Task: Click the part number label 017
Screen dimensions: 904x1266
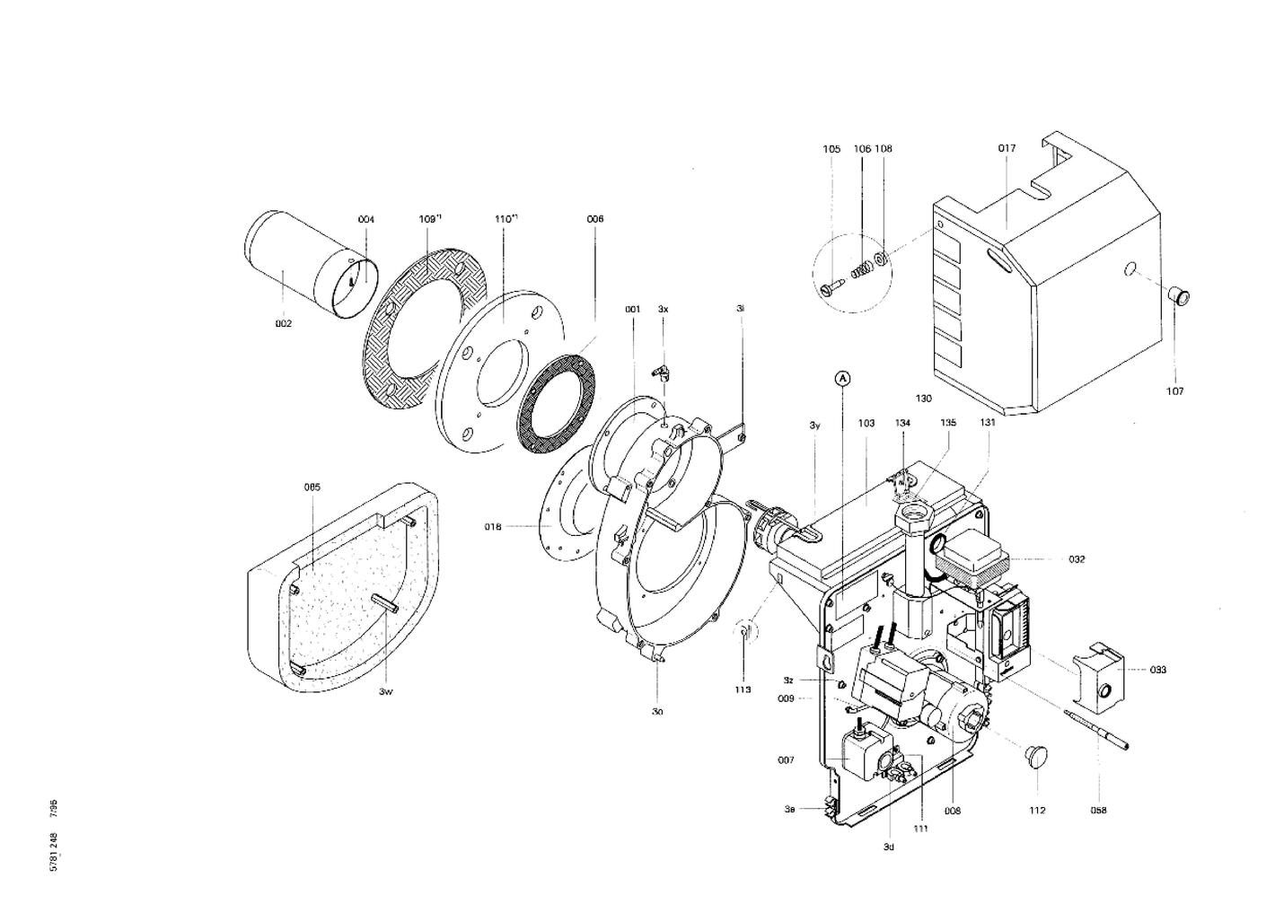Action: pyautogui.click(x=1006, y=149)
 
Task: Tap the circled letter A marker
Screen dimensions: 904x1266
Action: pyautogui.click(x=842, y=380)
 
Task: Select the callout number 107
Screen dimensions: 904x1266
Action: pyautogui.click(x=1175, y=391)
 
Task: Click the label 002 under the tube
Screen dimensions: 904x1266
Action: pyautogui.click(x=284, y=324)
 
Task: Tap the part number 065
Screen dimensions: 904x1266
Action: pyautogui.click(x=312, y=487)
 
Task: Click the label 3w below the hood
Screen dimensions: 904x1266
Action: pyautogui.click(x=385, y=691)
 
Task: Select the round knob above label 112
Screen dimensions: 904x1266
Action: pyautogui.click(x=1037, y=755)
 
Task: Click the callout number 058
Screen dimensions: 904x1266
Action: pyautogui.click(x=1098, y=811)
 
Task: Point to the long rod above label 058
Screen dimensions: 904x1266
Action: pyautogui.click(x=1095, y=728)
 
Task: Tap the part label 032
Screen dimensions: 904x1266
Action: pyautogui.click(x=1077, y=559)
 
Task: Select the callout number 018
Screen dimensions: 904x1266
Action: pyautogui.click(x=493, y=527)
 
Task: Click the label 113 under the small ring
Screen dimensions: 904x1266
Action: pyautogui.click(x=743, y=690)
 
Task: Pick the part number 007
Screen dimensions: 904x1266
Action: pyautogui.click(x=786, y=760)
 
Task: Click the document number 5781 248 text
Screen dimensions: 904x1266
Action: pyautogui.click(x=55, y=853)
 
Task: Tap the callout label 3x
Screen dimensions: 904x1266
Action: pyautogui.click(x=663, y=309)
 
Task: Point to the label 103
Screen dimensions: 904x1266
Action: pyautogui.click(x=866, y=423)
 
